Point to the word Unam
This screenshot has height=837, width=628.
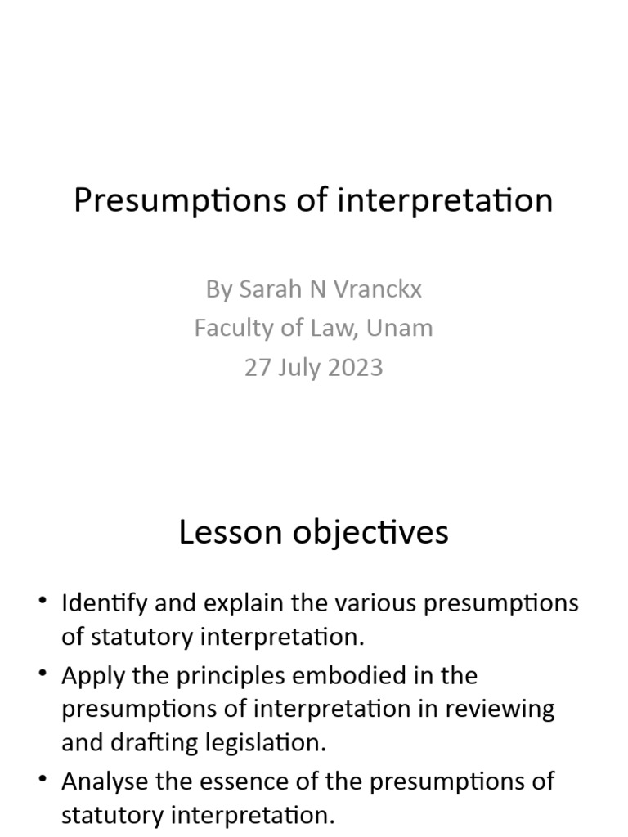[x=400, y=329]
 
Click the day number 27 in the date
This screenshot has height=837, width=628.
[x=257, y=367]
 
